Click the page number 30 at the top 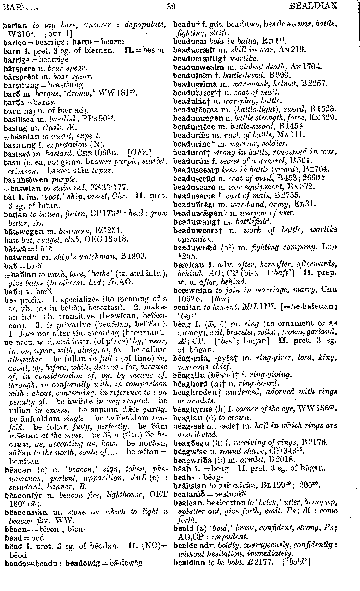coord(171,6)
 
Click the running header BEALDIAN coord(313,6)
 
